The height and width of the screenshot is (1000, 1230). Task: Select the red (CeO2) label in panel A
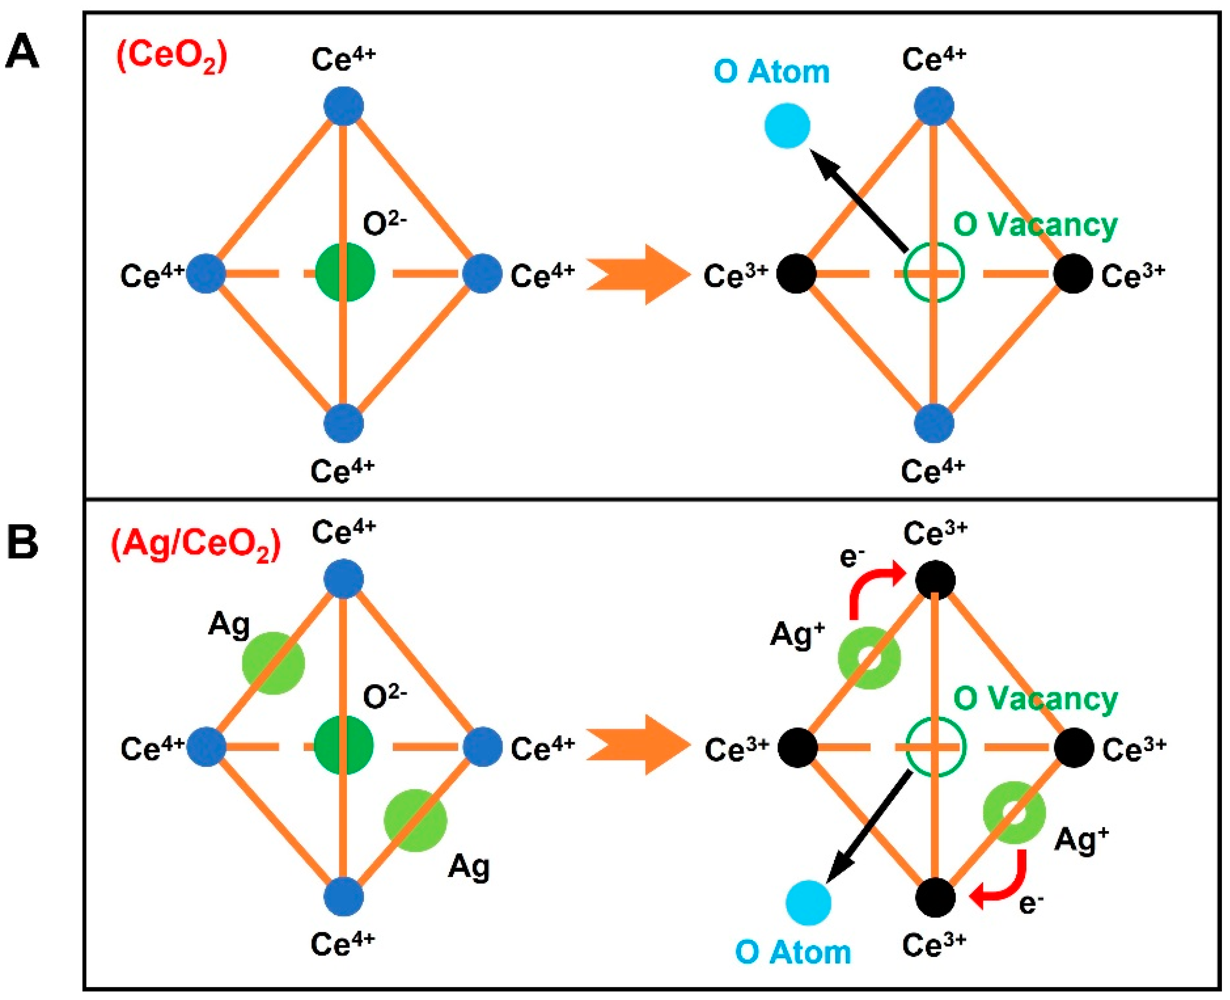click(x=172, y=58)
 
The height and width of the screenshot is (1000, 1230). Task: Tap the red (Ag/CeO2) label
click(x=196, y=544)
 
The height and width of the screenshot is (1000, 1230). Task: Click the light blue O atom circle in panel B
click(x=808, y=903)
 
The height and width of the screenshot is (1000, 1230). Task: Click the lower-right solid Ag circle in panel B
click(x=415, y=820)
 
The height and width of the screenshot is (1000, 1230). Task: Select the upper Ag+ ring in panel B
click(x=869, y=658)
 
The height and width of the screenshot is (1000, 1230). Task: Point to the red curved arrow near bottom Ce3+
click(x=1003, y=881)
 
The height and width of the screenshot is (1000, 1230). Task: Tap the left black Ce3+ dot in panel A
click(x=796, y=274)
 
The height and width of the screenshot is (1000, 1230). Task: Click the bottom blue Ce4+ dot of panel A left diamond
click(x=344, y=423)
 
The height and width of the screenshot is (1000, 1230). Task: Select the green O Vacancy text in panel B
click(x=1035, y=699)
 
